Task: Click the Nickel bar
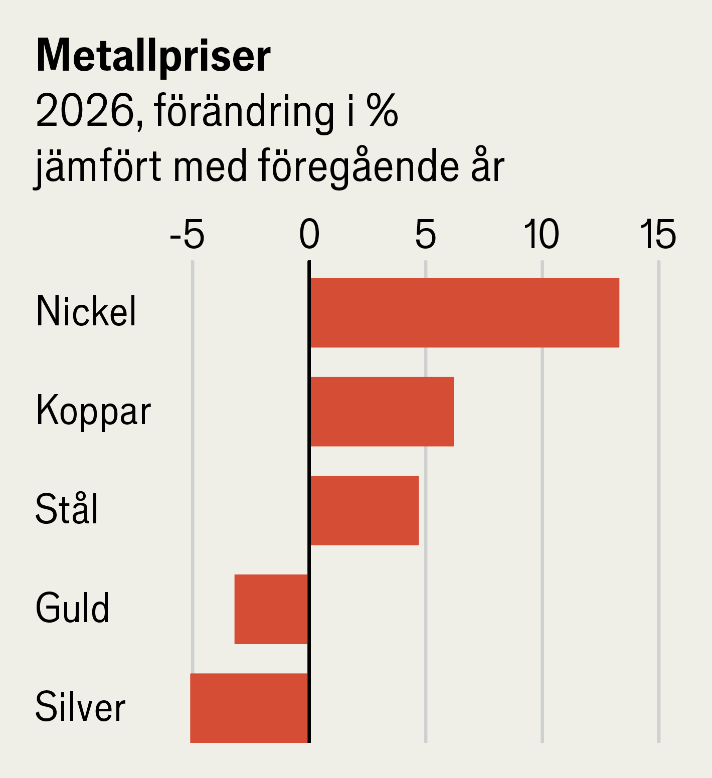(464, 313)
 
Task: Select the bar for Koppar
(382, 412)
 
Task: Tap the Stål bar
(364, 510)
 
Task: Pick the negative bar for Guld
(271, 609)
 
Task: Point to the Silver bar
(249, 708)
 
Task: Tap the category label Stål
(67, 509)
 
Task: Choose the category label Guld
(72, 608)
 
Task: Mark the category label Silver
(80, 707)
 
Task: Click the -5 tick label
(188, 235)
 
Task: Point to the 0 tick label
(309, 235)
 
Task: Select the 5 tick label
(426, 235)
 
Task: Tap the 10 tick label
(542, 235)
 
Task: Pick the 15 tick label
(658, 235)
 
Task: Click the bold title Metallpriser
(153, 56)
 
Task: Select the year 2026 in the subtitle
(85, 111)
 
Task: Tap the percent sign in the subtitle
(382, 111)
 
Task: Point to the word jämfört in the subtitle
(99, 167)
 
